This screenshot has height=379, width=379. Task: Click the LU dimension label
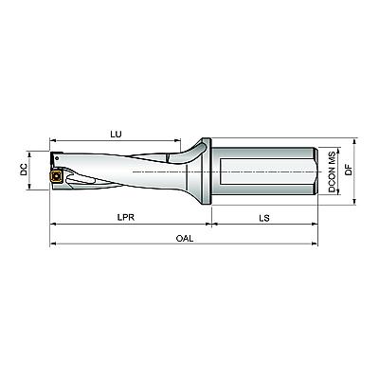pyautogui.click(x=116, y=134)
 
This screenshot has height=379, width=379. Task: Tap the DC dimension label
pyautogui.click(x=24, y=171)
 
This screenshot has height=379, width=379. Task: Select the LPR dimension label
pyautogui.click(x=126, y=217)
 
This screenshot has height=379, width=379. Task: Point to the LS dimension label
pyautogui.click(x=264, y=218)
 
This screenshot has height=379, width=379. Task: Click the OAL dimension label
pyautogui.click(x=185, y=238)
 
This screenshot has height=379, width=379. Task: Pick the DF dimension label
pyautogui.click(x=349, y=170)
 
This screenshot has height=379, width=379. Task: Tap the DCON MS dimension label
pyautogui.click(x=332, y=171)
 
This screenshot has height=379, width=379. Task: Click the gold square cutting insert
pyautogui.click(x=56, y=176)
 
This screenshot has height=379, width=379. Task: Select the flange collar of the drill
pyautogui.click(x=207, y=171)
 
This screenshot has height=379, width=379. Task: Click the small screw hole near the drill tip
pyautogui.click(x=57, y=157)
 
